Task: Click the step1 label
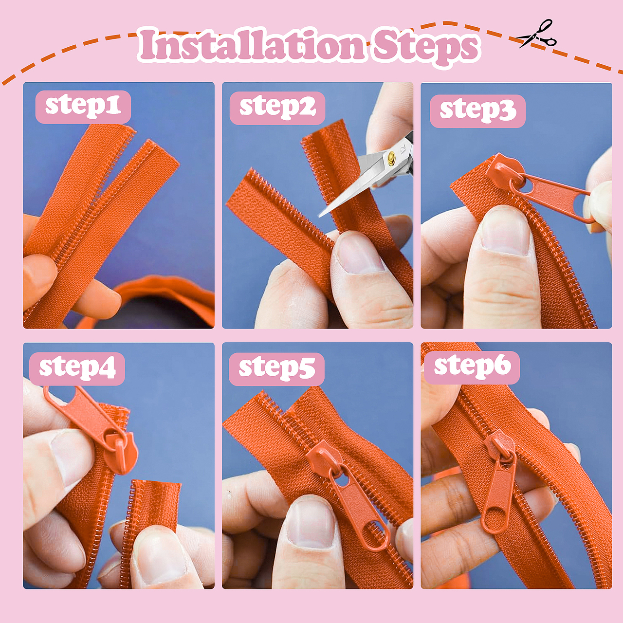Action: (83, 107)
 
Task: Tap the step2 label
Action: (277, 108)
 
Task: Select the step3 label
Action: (477, 111)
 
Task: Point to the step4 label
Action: (77, 369)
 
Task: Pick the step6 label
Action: (472, 367)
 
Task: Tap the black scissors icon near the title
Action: (536, 34)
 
